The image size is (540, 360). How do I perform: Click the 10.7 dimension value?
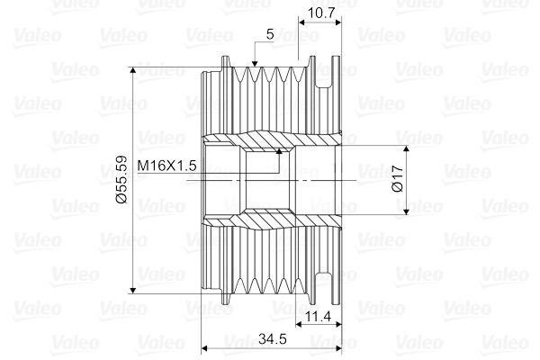point(320,13)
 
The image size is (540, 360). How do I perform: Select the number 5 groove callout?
point(270,34)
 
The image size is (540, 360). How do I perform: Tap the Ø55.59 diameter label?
point(121,180)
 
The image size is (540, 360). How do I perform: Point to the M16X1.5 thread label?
point(167,166)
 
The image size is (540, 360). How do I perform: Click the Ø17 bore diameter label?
point(398,178)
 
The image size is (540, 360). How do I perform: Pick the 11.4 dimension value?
point(319,316)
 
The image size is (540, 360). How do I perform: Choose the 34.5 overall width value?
point(273,339)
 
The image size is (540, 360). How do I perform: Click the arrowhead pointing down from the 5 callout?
point(255,63)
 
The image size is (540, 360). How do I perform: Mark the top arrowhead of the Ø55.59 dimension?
point(133,70)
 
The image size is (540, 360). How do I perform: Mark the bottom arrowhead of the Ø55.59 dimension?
point(133,290)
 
